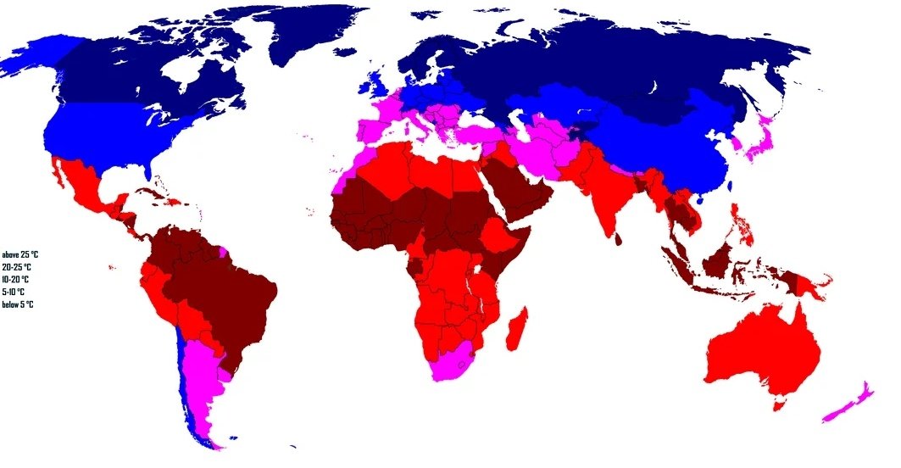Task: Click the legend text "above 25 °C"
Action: (x=20, y=254)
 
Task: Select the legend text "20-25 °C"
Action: (x=17, y=267)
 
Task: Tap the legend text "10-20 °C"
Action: (x=16, y=279)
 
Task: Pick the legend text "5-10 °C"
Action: (x=14, y=292)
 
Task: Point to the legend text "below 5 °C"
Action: (x=18, y=304)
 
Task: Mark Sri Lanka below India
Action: (x=619, y=238)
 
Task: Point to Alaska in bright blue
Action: (x=34, y=59)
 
